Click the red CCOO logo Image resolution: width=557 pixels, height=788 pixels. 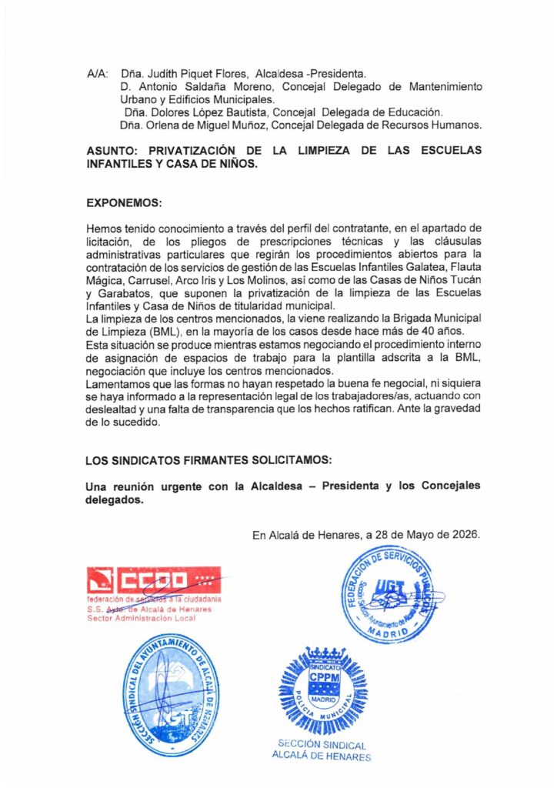[x=154, y=579]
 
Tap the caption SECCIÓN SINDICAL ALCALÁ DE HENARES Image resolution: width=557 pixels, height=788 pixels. [x=322, y=750]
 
